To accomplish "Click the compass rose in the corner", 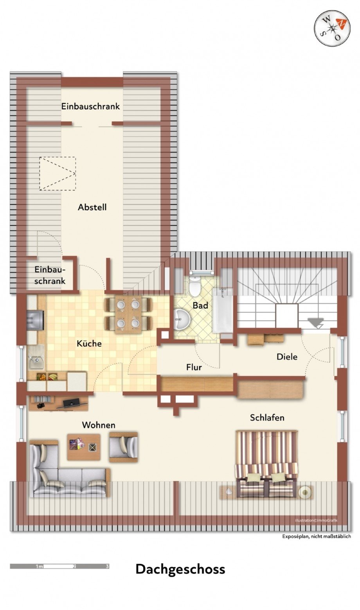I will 332,28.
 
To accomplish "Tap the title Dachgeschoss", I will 180,569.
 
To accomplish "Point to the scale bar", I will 59,566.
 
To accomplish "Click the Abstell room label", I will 92,207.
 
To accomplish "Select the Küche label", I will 89,343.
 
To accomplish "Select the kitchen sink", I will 36,358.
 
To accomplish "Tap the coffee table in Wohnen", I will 83,447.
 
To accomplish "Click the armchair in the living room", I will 124,447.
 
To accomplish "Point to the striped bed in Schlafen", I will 266,463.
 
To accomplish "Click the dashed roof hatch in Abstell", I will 57,174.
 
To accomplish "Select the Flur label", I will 194,368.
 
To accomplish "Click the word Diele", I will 287,357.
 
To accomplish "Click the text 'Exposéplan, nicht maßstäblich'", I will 317,536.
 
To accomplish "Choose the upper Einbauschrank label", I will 90,106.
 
